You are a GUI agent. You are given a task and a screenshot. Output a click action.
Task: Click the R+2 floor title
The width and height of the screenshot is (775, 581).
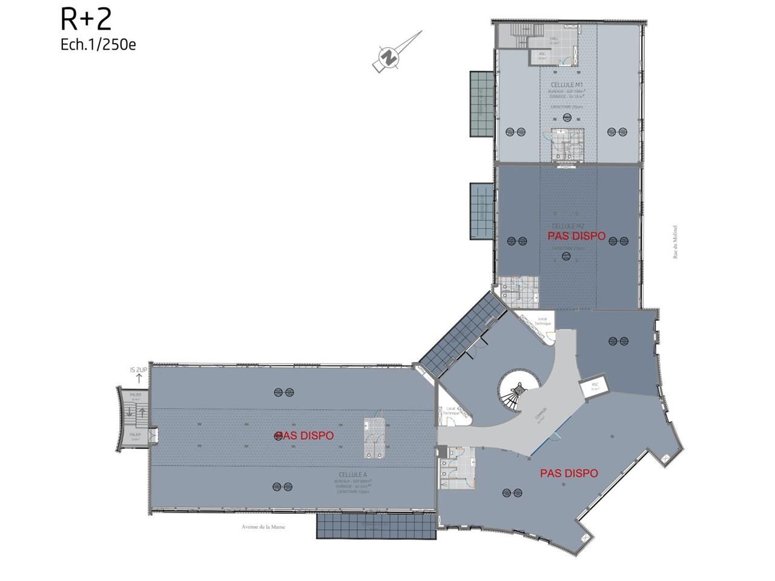[86, 19]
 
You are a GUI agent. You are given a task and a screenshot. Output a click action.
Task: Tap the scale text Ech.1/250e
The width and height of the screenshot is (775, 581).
[98, 45]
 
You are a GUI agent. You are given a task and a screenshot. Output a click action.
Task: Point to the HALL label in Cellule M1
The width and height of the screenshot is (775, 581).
[554, 40]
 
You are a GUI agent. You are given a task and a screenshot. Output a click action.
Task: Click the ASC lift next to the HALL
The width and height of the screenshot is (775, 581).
[542, 56]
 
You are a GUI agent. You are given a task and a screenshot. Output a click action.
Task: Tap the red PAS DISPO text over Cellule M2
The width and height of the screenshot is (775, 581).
[576, 236]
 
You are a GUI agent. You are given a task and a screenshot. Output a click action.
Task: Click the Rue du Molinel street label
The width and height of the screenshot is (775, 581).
[675, 242]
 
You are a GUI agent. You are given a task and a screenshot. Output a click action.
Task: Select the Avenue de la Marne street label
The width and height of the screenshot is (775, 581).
[263, 527]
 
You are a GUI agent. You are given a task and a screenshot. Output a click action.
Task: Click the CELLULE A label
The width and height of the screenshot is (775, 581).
[354, 474]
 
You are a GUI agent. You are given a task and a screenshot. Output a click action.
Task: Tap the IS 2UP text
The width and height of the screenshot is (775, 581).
[139, 370]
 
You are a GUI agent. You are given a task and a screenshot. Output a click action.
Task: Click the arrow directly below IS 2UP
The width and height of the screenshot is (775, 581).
[139, 379]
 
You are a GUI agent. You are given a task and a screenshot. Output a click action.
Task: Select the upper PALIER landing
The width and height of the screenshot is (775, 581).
[136, 396]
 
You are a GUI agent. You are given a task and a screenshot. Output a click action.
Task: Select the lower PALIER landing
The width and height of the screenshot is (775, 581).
[136, 436]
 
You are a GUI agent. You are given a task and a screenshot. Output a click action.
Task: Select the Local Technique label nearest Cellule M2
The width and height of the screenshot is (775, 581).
[542, 321]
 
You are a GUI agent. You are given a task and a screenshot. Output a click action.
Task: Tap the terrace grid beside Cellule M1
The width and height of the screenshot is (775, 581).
[482, 103]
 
